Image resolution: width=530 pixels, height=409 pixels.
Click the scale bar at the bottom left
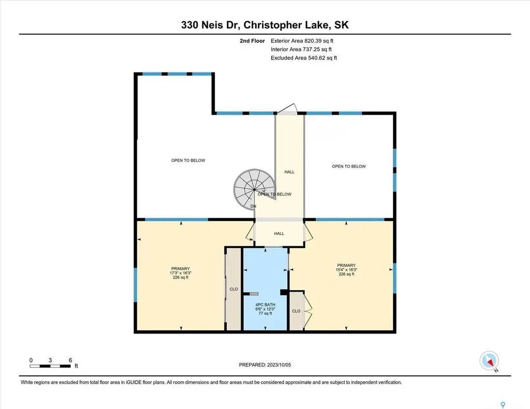pos(50,366)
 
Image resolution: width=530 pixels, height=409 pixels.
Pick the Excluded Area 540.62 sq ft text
pos(304,58)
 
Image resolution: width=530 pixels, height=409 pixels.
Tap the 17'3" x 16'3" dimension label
pos(181,273)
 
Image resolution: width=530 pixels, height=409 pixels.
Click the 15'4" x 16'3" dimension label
pos(346,270)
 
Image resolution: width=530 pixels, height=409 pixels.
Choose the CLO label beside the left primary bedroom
pos(233,289)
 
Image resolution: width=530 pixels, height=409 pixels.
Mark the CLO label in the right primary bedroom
pos(296,311)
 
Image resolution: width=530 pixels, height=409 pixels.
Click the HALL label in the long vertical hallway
pos(289,172)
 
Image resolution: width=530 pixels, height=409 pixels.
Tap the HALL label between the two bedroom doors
pos(279,233)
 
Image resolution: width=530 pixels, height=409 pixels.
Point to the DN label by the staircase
pos(253,206)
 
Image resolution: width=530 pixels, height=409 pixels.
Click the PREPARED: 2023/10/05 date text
pos(268,364)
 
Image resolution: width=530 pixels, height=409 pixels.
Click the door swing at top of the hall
pos(286,109)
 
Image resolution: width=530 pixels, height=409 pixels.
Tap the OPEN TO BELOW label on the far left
pos(188,160)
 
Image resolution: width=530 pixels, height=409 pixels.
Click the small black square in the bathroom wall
pos(284,293)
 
